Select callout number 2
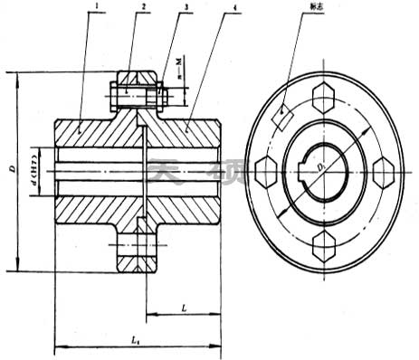[143, 8]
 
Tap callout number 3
[186, 8]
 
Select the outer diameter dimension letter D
[11, 169]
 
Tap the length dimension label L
[184, 308]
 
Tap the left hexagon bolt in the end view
[266, 169]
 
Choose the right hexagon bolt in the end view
[383, 169]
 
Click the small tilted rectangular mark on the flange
[282, 116]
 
